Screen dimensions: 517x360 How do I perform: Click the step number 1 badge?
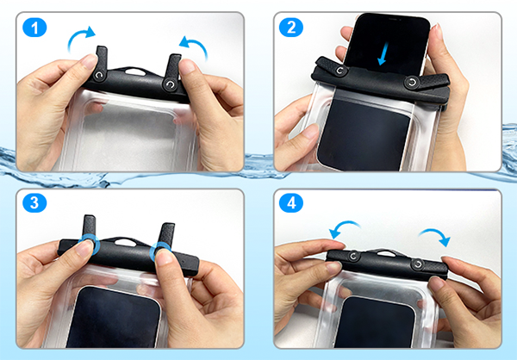click(34, 28)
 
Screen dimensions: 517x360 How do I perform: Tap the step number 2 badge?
click(291, 28)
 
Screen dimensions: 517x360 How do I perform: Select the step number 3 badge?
click(34, 202)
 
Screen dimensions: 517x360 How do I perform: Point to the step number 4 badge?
click(291, 202)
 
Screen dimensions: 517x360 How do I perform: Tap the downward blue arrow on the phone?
click(383, 53)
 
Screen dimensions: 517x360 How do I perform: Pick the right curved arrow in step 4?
click(437, 233)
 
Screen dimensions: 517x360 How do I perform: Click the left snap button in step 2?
click(339, 71)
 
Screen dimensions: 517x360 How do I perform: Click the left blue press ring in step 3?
click(89, 245)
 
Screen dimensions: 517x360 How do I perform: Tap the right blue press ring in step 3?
click(160, 253)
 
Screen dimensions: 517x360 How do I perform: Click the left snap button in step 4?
click(354, 256)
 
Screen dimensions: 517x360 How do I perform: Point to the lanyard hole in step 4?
click(386, 253)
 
